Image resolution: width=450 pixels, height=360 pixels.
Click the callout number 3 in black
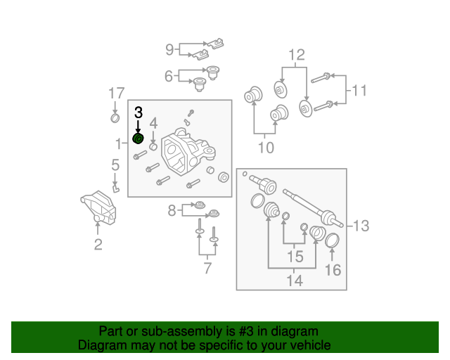point(139,112)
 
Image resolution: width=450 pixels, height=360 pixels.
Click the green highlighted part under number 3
point(139,139)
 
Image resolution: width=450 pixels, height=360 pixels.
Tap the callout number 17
point(116,93)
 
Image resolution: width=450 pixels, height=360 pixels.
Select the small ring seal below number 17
point(116,117)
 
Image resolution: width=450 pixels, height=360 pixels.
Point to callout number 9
point(169,49)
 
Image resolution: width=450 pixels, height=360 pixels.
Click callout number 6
point(169,76)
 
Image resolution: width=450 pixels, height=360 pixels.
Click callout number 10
point(266,148)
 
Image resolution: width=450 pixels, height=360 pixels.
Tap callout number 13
point(361,226)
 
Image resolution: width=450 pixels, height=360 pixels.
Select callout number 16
point(333,269)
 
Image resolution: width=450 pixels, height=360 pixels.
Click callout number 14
point(295,281)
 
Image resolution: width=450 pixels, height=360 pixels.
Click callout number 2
point(98,245)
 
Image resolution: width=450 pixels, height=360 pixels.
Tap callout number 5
point(115,166)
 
